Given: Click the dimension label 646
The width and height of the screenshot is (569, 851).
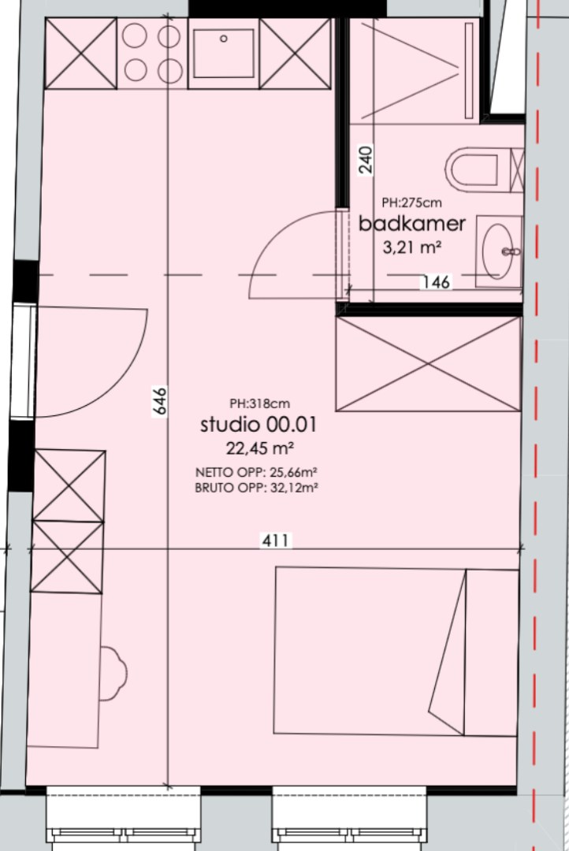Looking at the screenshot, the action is [x=160, y=401].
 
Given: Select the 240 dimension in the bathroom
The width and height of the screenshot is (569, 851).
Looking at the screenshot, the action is [x=366, y=159].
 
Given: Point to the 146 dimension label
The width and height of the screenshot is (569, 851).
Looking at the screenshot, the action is [x=436, y=281].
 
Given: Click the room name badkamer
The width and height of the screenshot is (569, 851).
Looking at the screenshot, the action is [x=412, y=224].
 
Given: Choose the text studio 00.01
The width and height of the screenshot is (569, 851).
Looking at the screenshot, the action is [x=258, y=424].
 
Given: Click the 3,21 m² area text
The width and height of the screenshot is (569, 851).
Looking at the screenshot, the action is [x=412, y=247].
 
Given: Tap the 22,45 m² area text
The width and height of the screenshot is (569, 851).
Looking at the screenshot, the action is [x=260, y=448].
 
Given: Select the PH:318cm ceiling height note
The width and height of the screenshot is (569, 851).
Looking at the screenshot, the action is [x=259, y=403].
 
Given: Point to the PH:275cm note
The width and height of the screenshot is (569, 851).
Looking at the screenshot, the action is [x=411, y=203].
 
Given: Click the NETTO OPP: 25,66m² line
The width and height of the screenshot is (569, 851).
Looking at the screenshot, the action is [x=256, y=472].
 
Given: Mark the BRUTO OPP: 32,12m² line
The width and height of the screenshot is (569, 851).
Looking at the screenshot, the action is [x=256, y=488].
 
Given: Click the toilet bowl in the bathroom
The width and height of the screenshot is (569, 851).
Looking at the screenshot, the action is [x=472, y=170].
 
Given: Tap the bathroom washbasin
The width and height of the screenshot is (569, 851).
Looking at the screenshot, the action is [x=496, y=251].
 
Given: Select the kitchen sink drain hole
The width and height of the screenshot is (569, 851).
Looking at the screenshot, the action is [x=223, y=39].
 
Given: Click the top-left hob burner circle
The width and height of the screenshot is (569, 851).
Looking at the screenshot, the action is [x=134, y=36].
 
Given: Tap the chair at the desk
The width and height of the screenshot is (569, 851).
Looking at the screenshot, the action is [x=113, y=673].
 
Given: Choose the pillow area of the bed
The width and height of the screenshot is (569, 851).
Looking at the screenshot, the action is [x=491, y=652].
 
